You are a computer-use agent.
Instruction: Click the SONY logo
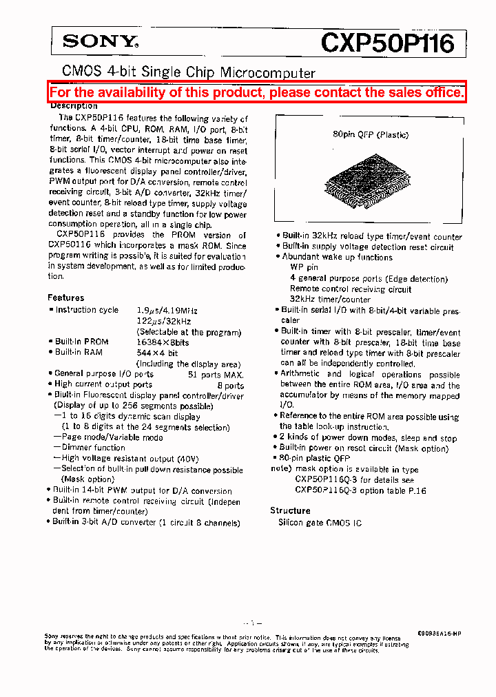click(x=101, y=42)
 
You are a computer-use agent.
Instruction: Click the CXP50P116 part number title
click(x=388, y=43)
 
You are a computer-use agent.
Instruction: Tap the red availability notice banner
click(x=257, y=92)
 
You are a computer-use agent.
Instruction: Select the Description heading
click(x=74, y=106)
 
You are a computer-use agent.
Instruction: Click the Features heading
click(x=65, y=298)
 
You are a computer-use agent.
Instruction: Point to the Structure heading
click(x=290, y=511)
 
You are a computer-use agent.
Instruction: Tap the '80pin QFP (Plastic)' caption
click(x=371, y=135)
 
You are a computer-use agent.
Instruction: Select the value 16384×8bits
click(x=163, y=342)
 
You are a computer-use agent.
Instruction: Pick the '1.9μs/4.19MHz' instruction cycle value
click(x=167, y=310)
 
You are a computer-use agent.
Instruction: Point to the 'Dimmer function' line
click(x=93, y=448)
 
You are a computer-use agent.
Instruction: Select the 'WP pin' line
click(x=304, y=267)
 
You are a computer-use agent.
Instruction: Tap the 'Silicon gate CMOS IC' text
click(x=319, y=523)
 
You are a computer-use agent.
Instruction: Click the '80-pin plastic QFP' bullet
click(x=315, y=458)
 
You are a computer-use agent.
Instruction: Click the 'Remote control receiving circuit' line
click(x=350, y=289)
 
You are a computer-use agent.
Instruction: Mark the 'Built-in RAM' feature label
click(x=79, y=353)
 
